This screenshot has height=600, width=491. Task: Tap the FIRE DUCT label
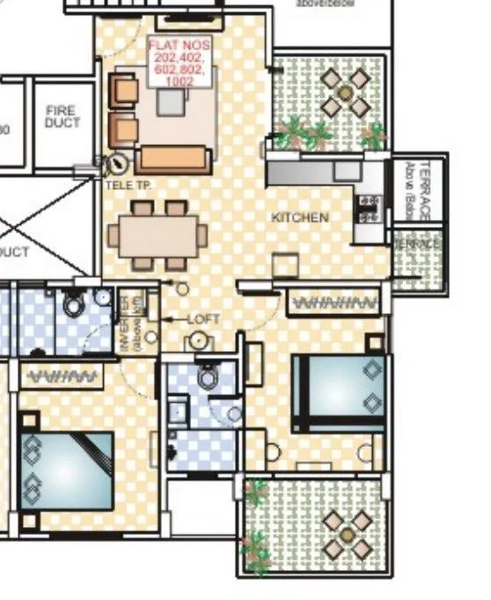(62, 117)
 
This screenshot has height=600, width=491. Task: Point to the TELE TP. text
(128, 186)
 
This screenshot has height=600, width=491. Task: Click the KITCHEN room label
(300, 217)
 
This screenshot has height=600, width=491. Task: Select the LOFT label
(203, 319)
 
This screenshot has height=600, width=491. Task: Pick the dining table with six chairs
(158, 236)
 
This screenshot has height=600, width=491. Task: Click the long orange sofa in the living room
(173, 158)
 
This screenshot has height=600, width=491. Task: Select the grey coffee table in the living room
(172, 102)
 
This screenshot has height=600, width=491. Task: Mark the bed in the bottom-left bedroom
(65, 472)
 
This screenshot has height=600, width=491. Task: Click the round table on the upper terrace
(344, 92)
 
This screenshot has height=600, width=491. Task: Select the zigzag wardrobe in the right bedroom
(335, 303)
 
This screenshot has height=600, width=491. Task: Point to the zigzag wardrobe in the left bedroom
(62, 377)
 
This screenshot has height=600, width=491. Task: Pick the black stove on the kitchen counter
(369, 208)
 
